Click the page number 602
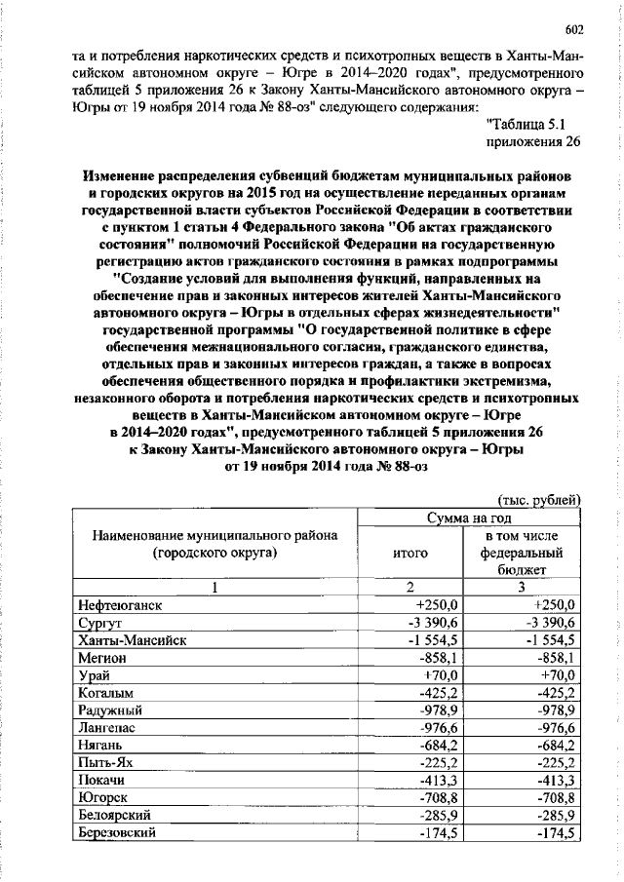(573, 28)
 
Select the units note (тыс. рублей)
(540, 499)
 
